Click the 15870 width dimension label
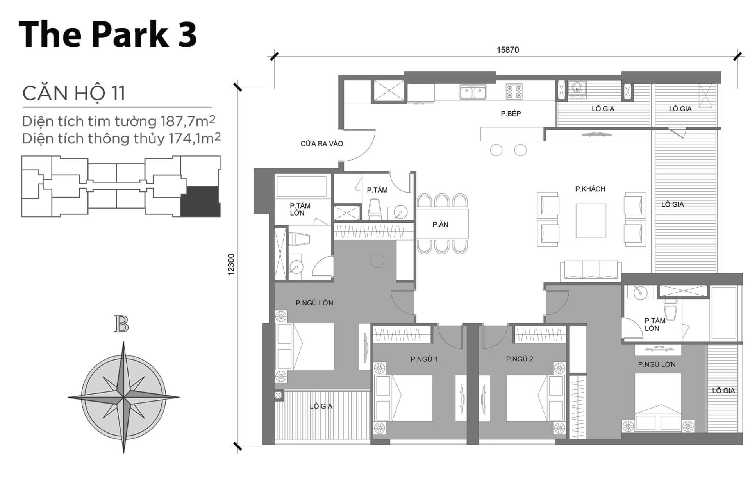coord(507,50)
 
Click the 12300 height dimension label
coord(231,264)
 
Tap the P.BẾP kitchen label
coord(511,114)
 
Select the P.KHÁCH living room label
coord(590,189)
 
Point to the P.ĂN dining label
coord(440,225)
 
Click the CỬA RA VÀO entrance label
coord(321,144)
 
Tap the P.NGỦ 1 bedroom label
coord(424,359)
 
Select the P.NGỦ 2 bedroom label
coord(519,359)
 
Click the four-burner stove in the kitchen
coord(514,91)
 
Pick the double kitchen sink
coord(473,93)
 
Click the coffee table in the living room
coord(591,220)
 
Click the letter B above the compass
coord(121,325)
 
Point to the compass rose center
coord(123,398)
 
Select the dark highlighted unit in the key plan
coord(200,201)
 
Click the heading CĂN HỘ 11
coord(74,93)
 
